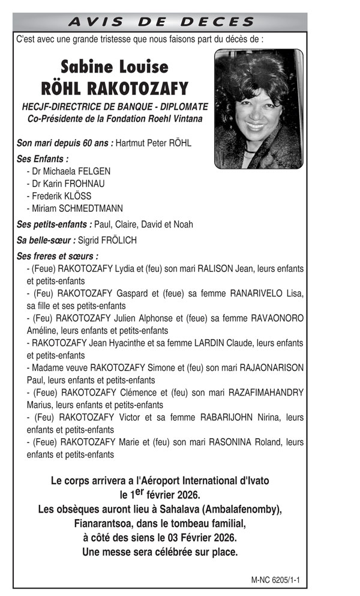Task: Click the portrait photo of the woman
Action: click(x=259, y=109)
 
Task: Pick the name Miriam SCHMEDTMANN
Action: click(x=77, y=209)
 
